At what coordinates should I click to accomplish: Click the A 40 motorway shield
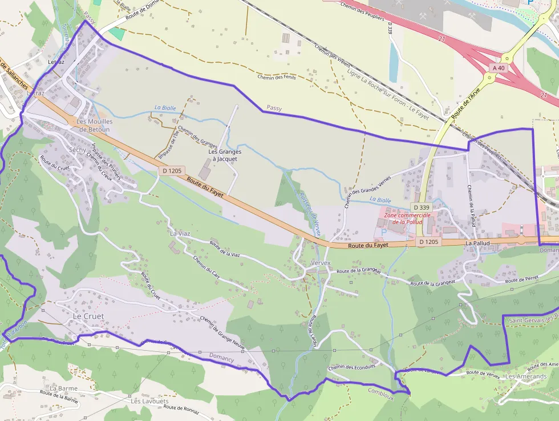point(497,68)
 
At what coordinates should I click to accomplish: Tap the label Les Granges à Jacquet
point(225,155)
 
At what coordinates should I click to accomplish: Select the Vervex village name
point(321,263)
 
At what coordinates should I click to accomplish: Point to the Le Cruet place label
point(89,316)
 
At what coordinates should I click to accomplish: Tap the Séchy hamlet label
point(77,150)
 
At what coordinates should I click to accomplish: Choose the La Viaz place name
point(180,233)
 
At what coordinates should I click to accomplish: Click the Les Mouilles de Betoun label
point(94,125)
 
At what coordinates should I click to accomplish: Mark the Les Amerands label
point(525,376)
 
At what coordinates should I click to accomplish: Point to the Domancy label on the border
point(221,358)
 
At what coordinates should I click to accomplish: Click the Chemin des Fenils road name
point(277,77)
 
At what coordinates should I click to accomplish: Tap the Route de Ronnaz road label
point(180,408)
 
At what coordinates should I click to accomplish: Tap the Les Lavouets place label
point(149,401)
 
